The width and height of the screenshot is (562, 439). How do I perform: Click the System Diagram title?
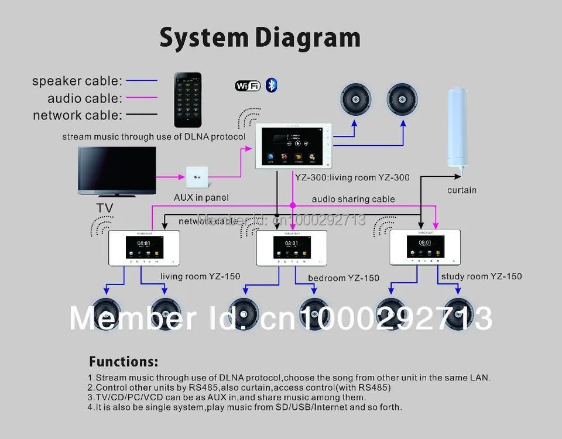tap(259, 38)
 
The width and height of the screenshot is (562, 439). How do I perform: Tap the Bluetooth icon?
tap(271, 85)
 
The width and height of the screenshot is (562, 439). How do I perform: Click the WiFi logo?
tap(248, 86)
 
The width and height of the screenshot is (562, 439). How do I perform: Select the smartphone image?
tap(187, 100)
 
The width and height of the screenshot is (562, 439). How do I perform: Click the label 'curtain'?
tap(462, 190)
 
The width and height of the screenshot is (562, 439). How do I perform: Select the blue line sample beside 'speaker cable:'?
tap(141, 81)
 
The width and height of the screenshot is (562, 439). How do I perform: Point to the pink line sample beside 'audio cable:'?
tap(140, 98)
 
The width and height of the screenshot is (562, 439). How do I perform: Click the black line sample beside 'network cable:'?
tap(140, 115)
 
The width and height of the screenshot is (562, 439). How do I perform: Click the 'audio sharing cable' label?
tap(353, 199)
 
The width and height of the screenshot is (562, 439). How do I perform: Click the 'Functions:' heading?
tap(124, 361)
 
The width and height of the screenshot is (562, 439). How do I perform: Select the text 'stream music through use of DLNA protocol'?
tap(154, 137)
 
